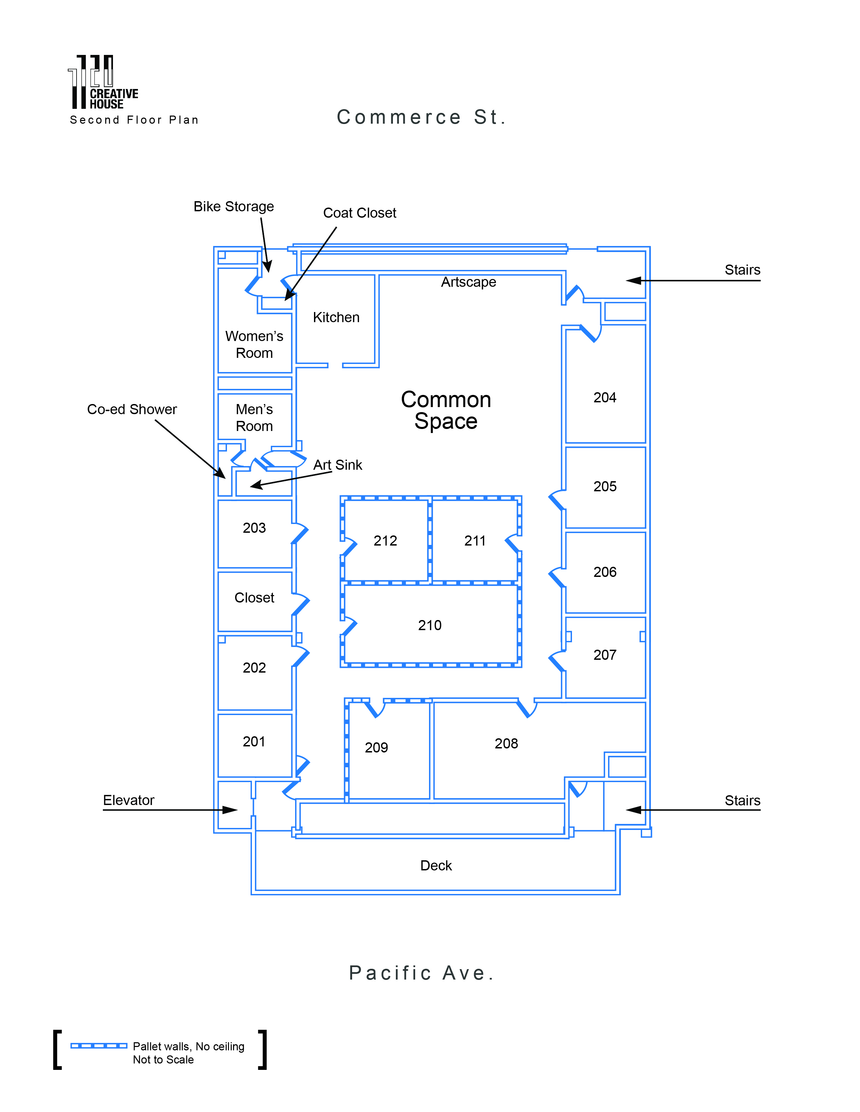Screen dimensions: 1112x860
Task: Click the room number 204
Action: [604, 398]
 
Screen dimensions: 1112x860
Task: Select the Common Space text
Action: [446, 410]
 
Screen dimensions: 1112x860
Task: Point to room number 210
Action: [429, 625]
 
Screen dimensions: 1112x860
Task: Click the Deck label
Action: [436, 866]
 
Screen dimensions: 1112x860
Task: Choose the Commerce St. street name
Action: [421, 117]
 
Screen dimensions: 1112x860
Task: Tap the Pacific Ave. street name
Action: [421, 973]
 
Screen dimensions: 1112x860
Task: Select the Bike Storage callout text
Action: [233, 207]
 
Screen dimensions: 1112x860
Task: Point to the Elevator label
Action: [128, 800]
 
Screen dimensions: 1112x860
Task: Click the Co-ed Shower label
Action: [132, 409]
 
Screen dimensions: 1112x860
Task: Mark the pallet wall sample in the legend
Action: [99, 1046]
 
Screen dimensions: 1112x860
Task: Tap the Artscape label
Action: [468, 282]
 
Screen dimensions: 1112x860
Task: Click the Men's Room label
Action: [254, 418]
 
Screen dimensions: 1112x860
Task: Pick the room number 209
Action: [376, 747]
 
